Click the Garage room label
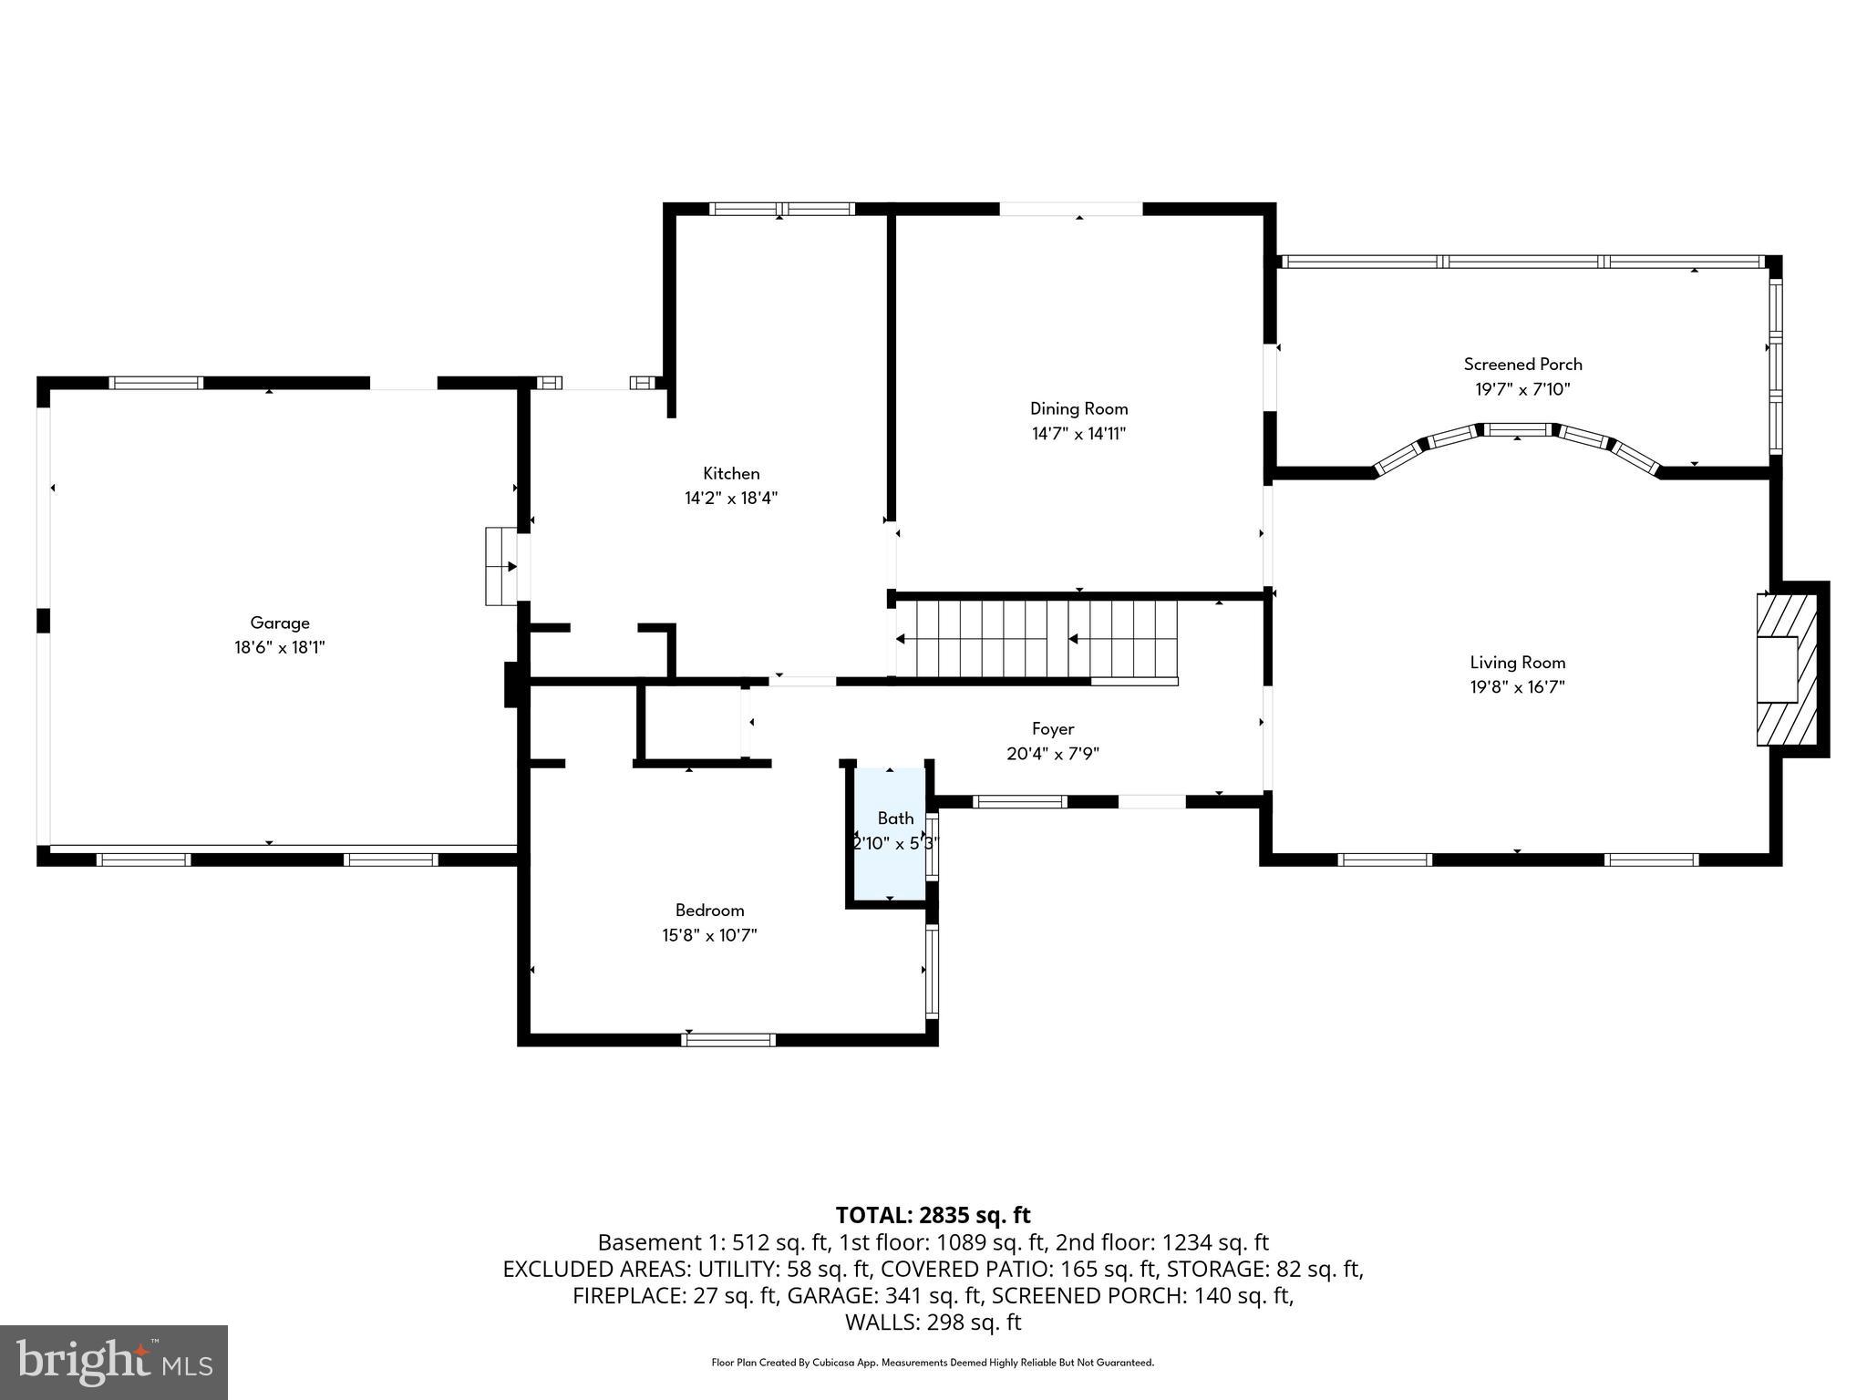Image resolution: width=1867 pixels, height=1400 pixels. (280, 623)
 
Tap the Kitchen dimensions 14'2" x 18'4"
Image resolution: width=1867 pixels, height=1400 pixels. (730, 498)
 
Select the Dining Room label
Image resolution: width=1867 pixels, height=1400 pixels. (1078, 408)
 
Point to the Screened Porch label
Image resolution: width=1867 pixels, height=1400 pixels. (1522, 364)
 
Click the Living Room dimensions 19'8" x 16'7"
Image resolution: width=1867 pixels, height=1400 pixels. (1517, 687)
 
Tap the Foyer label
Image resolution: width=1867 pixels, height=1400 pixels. (1052, 728)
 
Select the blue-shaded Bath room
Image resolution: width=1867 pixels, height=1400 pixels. (890, 835)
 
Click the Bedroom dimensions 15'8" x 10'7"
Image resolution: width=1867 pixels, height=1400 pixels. (709, 934)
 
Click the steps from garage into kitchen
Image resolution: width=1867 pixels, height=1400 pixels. (500, 566)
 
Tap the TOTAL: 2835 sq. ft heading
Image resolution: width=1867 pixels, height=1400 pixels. (933, 1215)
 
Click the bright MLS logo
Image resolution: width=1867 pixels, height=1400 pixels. (114, 1362)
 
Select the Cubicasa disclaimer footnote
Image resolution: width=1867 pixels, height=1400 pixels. (933, 1363)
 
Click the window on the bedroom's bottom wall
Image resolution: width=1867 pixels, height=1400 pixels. (729, 1039)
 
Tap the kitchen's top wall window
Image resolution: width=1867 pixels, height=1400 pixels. (782, 209)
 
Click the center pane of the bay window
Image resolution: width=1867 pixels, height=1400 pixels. (1518, 429)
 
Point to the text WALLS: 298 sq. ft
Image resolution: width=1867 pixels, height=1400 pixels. (933, 1322)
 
